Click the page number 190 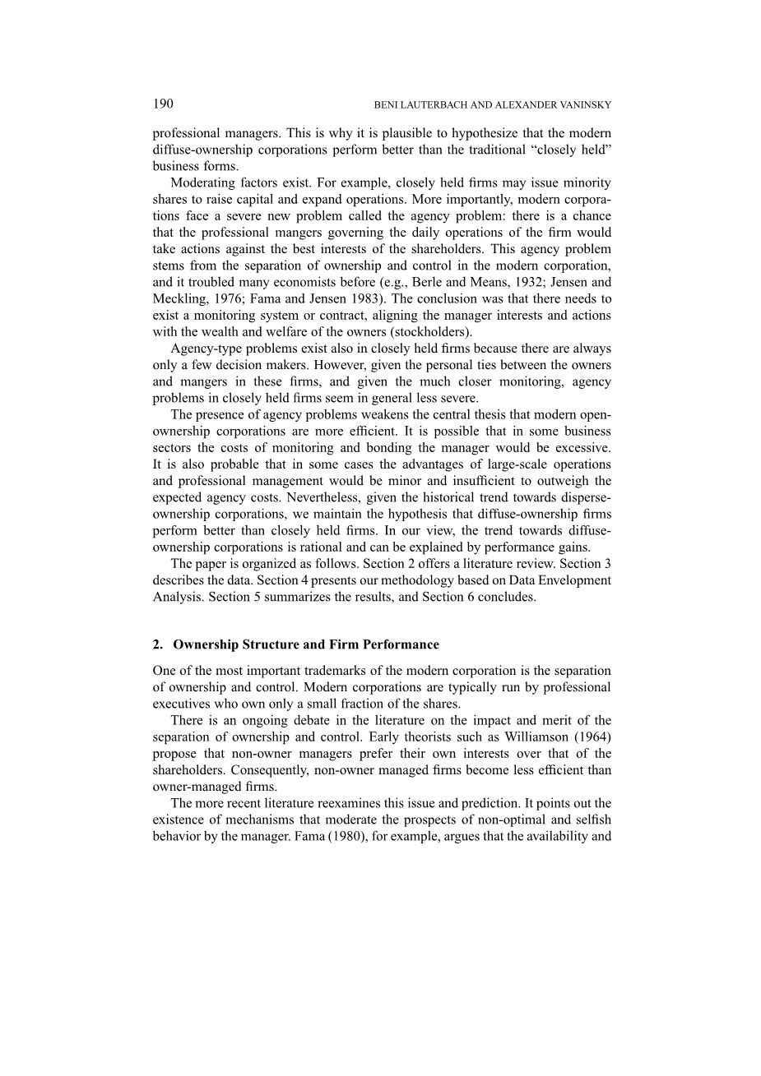[163, 104]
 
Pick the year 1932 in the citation [486, 282]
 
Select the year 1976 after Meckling [228, 299]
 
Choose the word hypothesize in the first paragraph [498, 133]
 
